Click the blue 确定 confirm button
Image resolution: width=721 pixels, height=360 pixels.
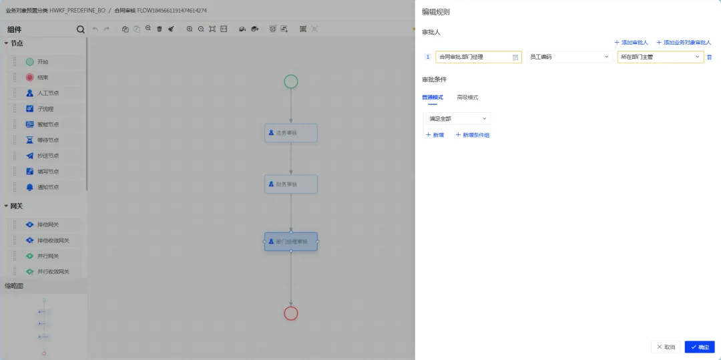tap(700, 347)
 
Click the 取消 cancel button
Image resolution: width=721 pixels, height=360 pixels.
tap(666, 347)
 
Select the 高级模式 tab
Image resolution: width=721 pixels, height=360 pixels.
tap(467, 98)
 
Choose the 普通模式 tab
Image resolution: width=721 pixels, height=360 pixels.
tap(432, 98)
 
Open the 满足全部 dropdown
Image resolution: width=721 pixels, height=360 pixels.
tap(458, 118)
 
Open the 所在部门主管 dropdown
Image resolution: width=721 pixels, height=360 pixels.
tap(660, 57)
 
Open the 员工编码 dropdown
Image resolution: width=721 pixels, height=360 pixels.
tap(569, 57)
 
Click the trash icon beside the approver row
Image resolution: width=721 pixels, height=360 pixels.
tap(710, 57)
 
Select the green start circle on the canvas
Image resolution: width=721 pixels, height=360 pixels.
tap(290, 81)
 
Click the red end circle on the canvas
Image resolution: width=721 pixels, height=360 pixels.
tap(290, 313)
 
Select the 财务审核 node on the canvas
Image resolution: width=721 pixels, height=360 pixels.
tap(291, 184)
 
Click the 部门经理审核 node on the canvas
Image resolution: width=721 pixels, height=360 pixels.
tap(291, 241)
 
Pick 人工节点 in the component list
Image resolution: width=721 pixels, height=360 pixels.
tap(47, 94)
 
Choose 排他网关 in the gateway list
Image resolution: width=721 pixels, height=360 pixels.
tap(47, 224)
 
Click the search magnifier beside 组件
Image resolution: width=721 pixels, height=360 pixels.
tap(81, 29)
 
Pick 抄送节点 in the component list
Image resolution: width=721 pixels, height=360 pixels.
tap(47, 156)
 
